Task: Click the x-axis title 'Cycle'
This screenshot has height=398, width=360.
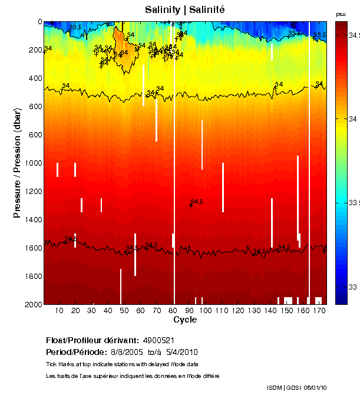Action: tap(185, 320)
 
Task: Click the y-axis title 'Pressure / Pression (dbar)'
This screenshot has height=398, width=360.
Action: tap(17, 163)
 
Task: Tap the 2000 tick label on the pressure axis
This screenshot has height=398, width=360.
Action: tap(31, 304)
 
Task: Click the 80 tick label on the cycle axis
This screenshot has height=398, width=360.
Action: tap(172, 310)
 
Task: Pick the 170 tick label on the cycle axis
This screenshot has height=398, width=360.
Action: tap(319, 310)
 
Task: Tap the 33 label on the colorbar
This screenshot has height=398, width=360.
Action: tap(353, 287)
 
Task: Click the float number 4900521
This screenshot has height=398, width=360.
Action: tap(157, 340)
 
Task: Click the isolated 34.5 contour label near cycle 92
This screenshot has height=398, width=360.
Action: tap(197, 202)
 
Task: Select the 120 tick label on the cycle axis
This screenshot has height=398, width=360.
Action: tap(237, 310)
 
